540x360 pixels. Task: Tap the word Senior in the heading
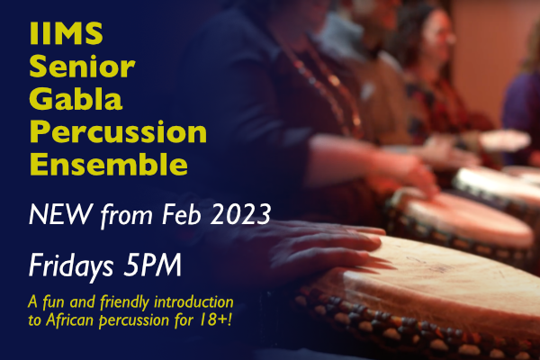[x=82, y=67]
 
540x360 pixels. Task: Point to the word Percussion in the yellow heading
[x=118, y=133]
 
